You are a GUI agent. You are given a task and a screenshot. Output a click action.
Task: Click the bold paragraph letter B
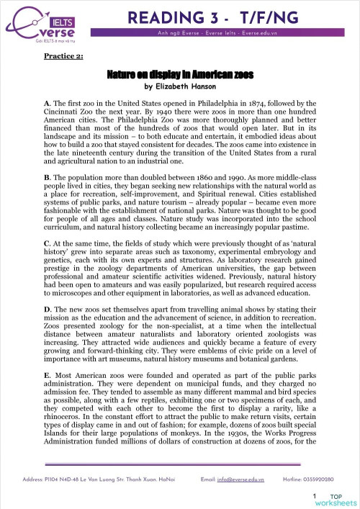click(48, 176)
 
